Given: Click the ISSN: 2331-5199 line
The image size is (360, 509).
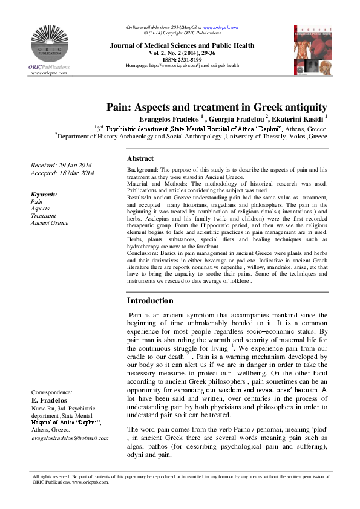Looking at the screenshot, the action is [182, 59].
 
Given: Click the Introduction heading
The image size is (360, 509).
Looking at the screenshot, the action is [150, 300].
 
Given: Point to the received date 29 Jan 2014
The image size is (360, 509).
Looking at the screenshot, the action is [62, 165].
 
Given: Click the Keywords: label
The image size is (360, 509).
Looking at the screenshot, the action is [44, 194].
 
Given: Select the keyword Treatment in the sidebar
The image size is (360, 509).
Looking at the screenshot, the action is [43, 216].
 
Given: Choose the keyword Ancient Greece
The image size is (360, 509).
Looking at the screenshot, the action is [50, 223].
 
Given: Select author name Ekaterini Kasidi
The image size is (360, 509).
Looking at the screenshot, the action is [295, 119].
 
